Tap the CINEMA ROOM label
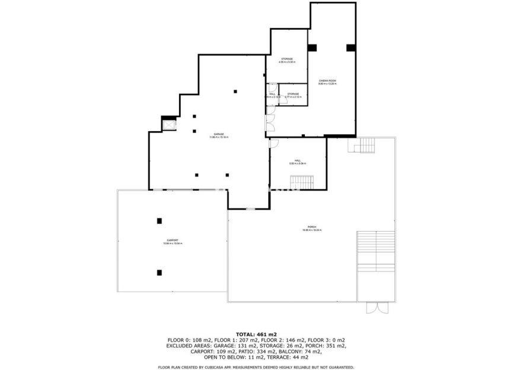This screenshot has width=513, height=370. [x=327, y=82]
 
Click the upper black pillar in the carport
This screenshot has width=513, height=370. [x=159, y=221]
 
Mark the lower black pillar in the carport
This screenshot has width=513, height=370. [x=159, y=273]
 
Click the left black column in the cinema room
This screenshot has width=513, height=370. [x=312, y=48]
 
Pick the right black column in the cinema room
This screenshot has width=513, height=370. [x=350, y=48]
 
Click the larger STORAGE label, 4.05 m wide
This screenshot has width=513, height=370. [x=287, y=60]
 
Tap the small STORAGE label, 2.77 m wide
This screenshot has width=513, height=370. [x=293, y=94]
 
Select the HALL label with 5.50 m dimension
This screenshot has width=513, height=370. [x=298, y=162]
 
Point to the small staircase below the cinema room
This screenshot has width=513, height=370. [x=365, y=145]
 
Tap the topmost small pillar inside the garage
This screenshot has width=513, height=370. [x=235, y=91]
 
